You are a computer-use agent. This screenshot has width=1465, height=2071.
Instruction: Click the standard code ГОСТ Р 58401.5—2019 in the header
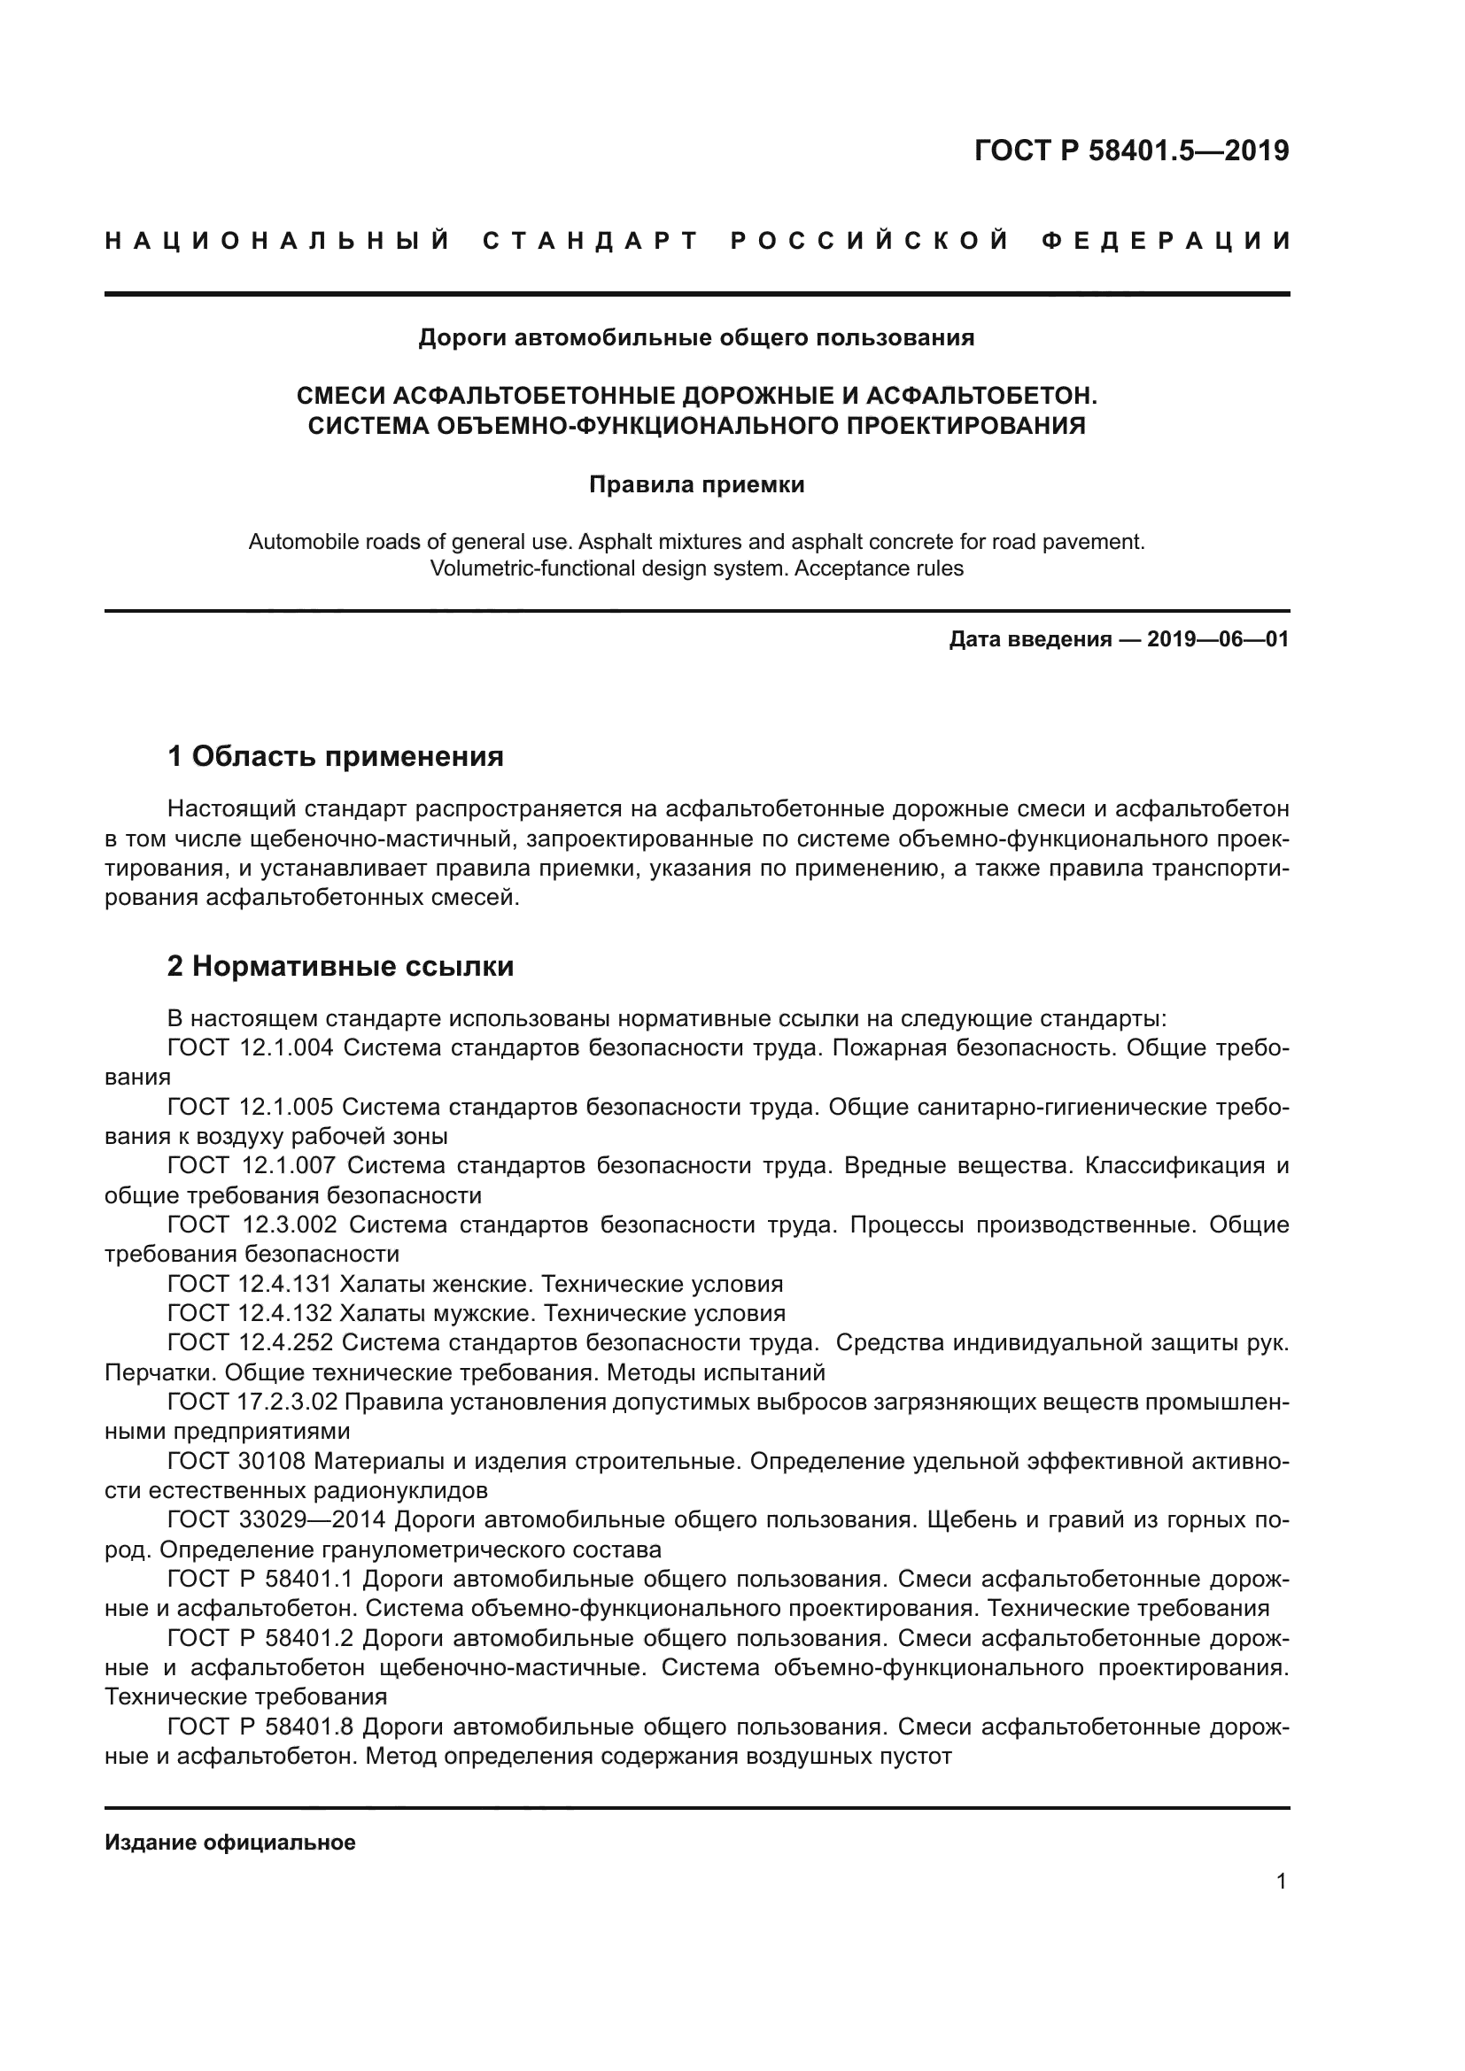click(1131, 151)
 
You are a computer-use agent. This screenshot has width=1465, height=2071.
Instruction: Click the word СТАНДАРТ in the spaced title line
click(591, 241)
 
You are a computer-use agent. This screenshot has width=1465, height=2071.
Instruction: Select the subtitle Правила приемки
click(696, 484)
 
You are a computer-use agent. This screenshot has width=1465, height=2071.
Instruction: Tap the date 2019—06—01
click(1218, 639)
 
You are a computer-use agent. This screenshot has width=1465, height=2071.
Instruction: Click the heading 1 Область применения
click(336, 756)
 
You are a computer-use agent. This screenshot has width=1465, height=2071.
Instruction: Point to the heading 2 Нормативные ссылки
click(341, 966)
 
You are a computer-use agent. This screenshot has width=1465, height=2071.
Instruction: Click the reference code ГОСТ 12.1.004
click(251, 1048)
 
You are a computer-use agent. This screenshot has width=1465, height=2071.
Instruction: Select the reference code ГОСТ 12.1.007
click(251, 1165)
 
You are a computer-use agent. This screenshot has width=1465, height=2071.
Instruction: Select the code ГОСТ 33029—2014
click(276, 1520)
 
